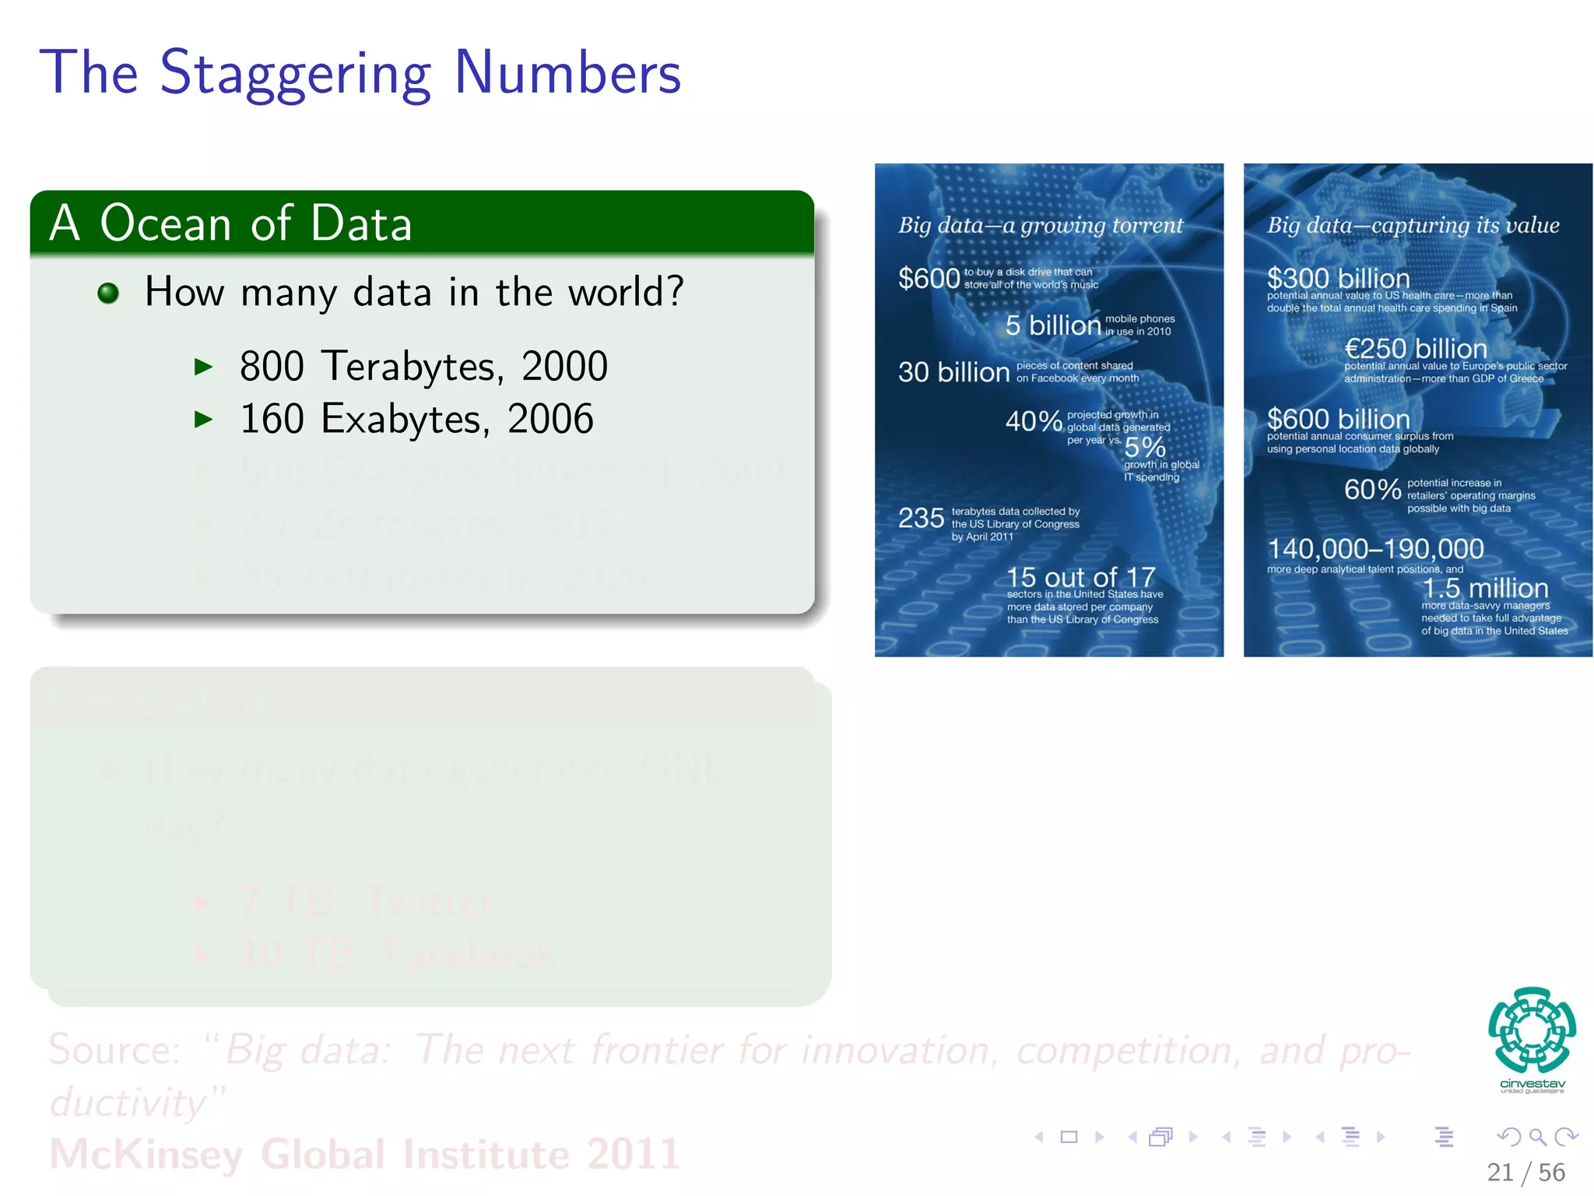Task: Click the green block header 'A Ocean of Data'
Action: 230,223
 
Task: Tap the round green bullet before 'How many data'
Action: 108,293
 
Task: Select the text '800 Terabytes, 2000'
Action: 423,366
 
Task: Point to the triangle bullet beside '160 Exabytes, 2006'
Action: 203,420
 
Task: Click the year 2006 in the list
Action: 550,419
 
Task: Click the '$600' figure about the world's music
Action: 929,278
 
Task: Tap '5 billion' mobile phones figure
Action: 1052,325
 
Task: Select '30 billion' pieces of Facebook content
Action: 953,372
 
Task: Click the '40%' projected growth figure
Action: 1034,421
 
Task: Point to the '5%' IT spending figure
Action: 1145,447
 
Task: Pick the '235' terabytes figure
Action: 921,518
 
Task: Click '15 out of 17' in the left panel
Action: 1080,577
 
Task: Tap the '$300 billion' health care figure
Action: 1338,278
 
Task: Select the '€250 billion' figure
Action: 1415,348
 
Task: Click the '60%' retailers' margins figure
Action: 1372,490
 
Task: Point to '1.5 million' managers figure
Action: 1485,588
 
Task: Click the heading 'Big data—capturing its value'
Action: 1413,225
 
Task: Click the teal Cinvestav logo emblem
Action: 1532,1030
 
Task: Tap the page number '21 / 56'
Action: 1525,1172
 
